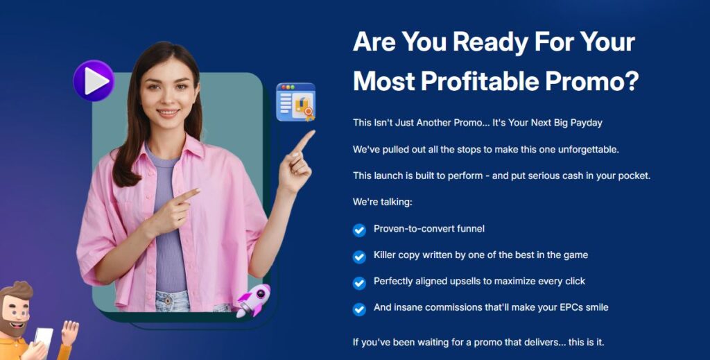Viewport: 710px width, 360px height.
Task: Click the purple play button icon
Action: (x=94, y=80)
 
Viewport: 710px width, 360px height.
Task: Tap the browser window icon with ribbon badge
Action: (x=295, y=102)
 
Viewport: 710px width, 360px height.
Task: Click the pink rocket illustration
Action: (x=254, y=300)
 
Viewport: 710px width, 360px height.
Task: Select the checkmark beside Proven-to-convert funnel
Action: (x=359, y=230)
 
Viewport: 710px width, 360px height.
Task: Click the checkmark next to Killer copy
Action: (x=359, y=257)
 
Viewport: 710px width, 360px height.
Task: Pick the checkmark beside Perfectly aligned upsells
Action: (x=359, y=283)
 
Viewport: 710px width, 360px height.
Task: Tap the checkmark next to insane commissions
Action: (x=359, y=309)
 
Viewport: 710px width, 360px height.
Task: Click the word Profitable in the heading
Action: (x=480, y=82)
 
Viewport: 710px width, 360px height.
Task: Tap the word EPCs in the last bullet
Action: (x=573, y=307)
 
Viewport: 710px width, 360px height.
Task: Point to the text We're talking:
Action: (x=383, y=202)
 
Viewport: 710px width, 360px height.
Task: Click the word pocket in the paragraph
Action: (x=635, y=175)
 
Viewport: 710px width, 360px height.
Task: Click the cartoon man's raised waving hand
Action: (x=70, y=332)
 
